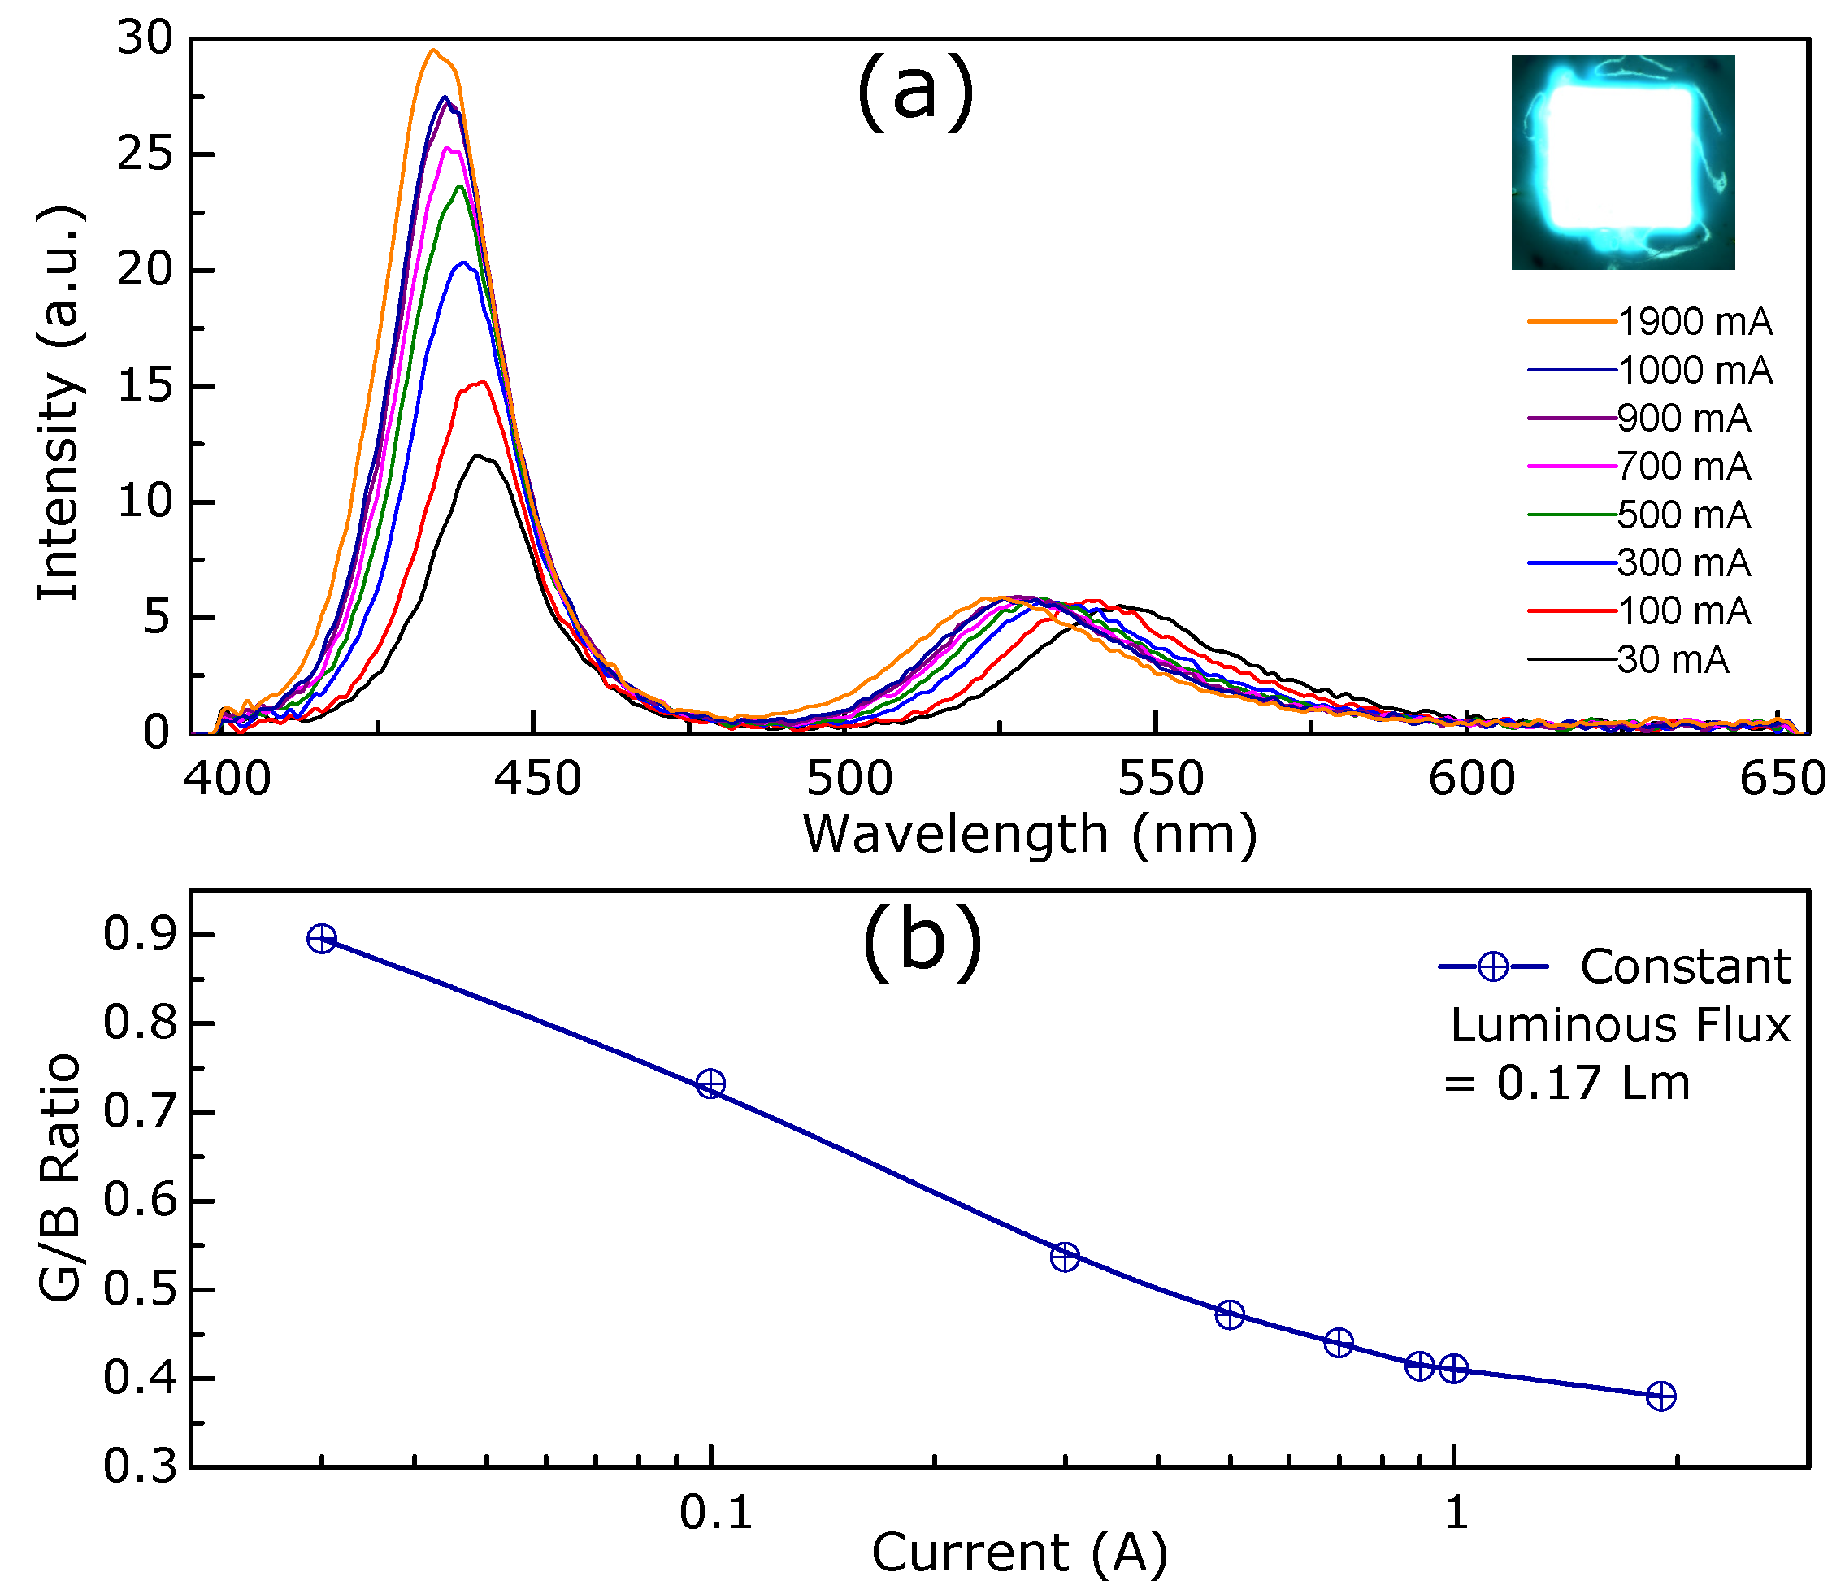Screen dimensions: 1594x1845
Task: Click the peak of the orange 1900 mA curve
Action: click(x=434, y=50)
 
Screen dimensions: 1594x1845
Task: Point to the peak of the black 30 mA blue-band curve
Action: click(x=479, y=456)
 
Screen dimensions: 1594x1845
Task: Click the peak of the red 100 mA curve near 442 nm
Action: click(x=482, y=382)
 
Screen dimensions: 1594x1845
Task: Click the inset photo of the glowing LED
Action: click(x=1622, y=162)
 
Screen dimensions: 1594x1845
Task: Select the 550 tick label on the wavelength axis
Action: click(x=1161, y=780)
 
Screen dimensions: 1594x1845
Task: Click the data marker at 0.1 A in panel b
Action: click(x=710, y=1084)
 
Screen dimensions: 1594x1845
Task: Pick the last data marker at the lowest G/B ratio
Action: click(x=1660, y=1396)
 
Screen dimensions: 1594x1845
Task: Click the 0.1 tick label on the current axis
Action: click(x=715, y=1512)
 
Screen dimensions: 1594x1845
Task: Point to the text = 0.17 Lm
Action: click(x=1566, y=1084)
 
